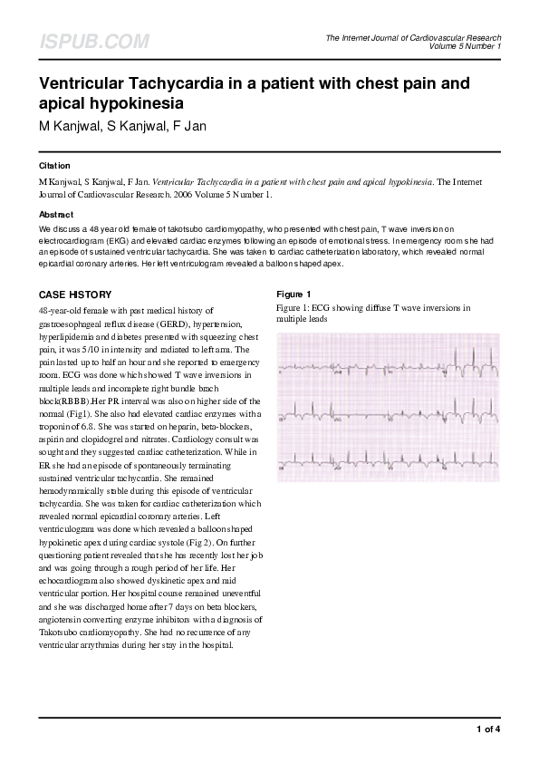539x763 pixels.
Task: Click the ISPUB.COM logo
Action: [x=94, y=42]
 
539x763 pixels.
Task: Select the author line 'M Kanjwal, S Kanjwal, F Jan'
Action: [x=122, y=125]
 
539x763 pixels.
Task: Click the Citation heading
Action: [x=55, y=166]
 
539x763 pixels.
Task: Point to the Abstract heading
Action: [x=56, y=215]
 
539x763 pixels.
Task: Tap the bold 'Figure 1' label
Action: [x=294, y=295]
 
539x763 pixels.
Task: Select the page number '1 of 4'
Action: [x=487, y=729]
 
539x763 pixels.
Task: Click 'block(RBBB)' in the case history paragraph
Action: [x=63, y=400]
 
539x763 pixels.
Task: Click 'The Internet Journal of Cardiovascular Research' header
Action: [x=413, y=37]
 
